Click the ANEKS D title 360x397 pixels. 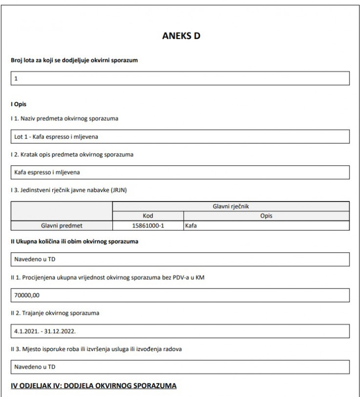[x=180, y=37]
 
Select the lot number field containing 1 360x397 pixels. [x=180, y=79]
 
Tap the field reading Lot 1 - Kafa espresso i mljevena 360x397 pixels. [x=180, y=136]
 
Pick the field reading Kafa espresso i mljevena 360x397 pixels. [x=180, y=172]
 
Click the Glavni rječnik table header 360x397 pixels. [x=231, y=206]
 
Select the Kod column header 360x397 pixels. [x=148, y=216]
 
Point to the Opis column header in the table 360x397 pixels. [x=266, y=216]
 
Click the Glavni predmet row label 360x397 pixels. [x=61, y=225]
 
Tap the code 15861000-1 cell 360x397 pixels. [x=148, y=225]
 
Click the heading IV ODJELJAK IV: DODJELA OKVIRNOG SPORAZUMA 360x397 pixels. [x=92, y=386]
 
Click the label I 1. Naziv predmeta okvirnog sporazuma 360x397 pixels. [x=64, y=119]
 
